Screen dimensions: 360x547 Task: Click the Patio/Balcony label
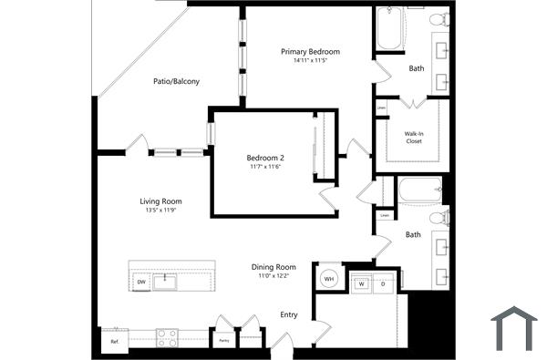[176, 81]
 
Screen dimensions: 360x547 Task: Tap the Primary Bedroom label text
[310, 52]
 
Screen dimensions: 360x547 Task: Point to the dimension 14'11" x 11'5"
[310, 61]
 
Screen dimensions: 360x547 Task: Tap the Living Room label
[160, 201]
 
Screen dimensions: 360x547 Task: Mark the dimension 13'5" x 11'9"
[160, 211]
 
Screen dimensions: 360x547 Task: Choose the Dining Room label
[274, 267]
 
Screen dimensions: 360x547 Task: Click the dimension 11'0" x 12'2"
[274, 276]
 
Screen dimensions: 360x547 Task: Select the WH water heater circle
[329, 278]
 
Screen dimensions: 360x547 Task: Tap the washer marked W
[362, 283]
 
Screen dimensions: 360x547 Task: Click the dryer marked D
[383, 283]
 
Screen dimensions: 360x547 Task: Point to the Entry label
[289, 314]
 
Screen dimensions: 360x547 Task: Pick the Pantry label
[224, 341]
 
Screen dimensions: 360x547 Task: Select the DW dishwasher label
[141, 283]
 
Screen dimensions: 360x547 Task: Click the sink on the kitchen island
[165, 281]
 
